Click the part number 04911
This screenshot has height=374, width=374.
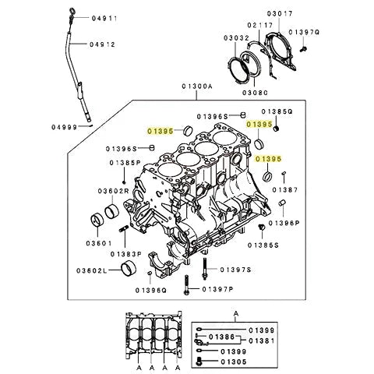point(104,17)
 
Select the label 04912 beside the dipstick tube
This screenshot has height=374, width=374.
point(104,44)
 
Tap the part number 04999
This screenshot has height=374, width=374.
point(66,126)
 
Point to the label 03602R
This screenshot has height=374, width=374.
point(115,190)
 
